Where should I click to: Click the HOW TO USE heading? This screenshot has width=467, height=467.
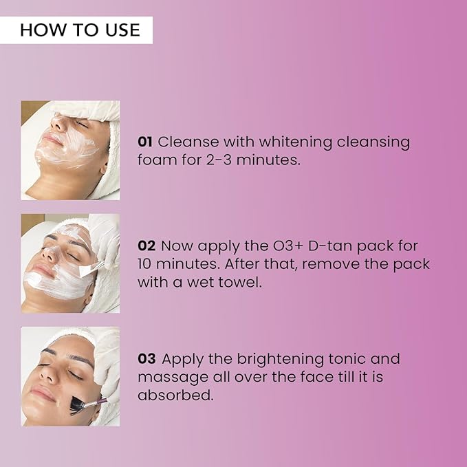(x=80, y=30)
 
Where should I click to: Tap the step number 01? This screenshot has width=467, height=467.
(x=145, y=142)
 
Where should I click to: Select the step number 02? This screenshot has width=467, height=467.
(x=146, y=246)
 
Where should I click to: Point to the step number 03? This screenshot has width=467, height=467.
(x=146, y=358)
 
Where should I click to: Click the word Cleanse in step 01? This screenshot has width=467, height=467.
(x=188, y=142)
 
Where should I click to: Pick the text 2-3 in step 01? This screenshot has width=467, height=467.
(x=219, y=160)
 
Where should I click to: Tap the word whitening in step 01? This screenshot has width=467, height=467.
(x=295, y=142)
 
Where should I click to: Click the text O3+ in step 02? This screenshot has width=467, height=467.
(x=288, y=246)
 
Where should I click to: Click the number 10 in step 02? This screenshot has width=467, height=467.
(x=144, y=264)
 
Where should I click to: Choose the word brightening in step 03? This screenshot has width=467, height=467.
(x=280, y=360)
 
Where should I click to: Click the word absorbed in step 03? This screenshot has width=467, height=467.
(x=175, y=395)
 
